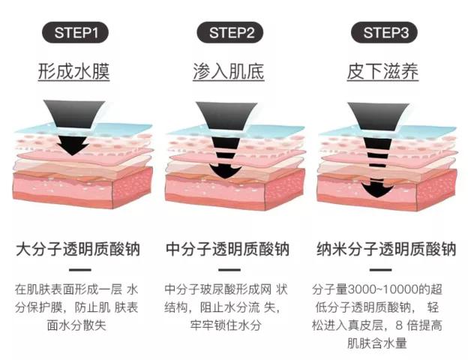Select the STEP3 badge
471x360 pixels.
pos(385,33)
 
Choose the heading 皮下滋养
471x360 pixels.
pos(382,73)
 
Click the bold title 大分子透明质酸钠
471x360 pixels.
pos(77,249)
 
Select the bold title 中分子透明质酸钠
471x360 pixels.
pos(227,249)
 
